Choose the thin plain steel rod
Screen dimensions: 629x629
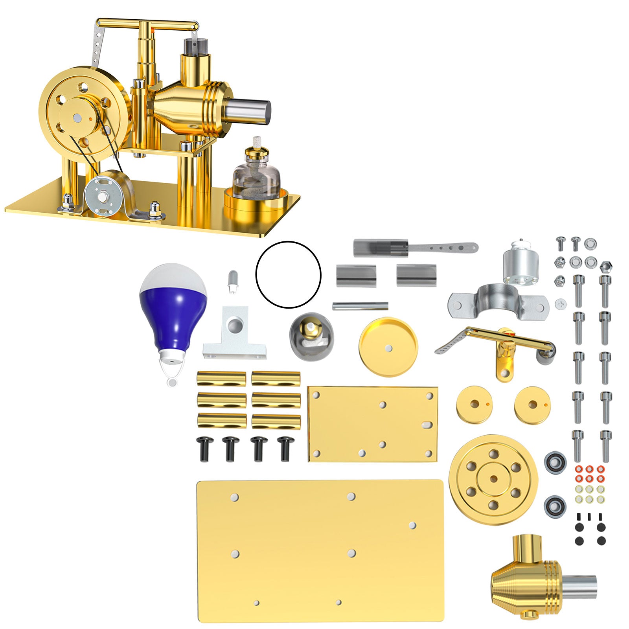click(x=360, y=306)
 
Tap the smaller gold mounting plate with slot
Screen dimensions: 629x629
click(x=372, y=424)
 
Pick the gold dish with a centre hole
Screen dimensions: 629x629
click(x=388, y=347)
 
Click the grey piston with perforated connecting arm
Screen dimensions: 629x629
click(x=413, y=248)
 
